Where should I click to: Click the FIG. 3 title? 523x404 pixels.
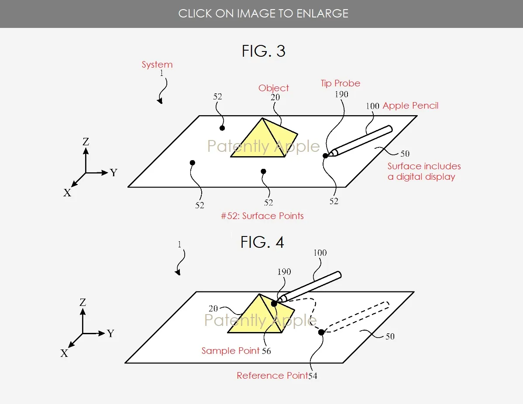pyautogui.click(x=264, y=51)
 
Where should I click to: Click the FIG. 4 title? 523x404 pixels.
pyautogui.click(x=262, y=242)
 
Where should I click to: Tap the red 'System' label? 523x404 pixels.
pyautogui.click(x=157, y=65)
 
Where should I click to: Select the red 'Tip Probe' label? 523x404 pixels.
pyautogui.click(x=341, y=83)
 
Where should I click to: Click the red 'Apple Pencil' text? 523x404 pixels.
pyautogui.click(x=411, y=106)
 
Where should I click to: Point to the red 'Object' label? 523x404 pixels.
pyautogui.click(x=274, y=88)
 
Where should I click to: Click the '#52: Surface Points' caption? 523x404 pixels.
pyautogui.click(x=262, y=216)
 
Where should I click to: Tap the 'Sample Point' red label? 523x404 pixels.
pyautogui.click(x=231, y=351)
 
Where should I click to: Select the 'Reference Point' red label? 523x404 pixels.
pyautogui.click(x=272, y=376)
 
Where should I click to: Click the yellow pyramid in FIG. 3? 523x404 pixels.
pyautogui.click(x=264, y=138)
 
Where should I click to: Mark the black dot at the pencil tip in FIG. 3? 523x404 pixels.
pyautogui.click(x=325, y=156)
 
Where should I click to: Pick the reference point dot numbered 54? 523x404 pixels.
pyautogui.click(x=321, y=332)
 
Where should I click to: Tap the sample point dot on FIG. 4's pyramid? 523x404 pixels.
pyautogui.click(x=274, y=304)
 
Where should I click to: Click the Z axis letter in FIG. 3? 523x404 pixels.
pyautogui.click(x=86, y=142)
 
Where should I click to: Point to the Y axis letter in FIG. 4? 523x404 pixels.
pyautogui.click(x=111, y=333)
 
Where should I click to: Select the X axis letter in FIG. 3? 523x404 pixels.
pyautogui.click(x=67, y=193)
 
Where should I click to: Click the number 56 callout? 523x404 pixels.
pyautogui.click(x=266, y=351)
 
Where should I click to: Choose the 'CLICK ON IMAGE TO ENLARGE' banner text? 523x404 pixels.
pyautogui.click(x=263, y=14)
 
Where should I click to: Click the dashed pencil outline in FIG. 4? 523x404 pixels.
pyautogui.click(x=357, y=317)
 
